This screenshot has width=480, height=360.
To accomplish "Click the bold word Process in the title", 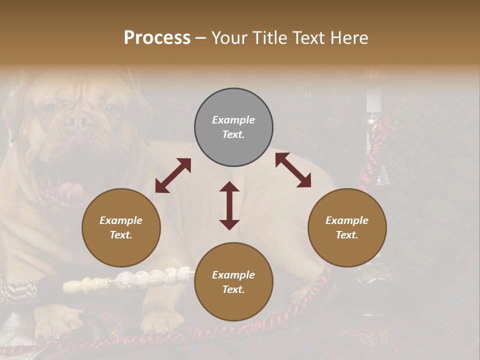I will (x=157, y=38).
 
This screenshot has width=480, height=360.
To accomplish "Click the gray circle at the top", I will (x=233, y=127).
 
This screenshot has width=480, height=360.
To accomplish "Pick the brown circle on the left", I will (x=121, y=227).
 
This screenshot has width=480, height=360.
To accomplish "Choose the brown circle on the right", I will (x=347, y=227).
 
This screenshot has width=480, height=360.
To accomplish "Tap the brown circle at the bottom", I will (x=233, y=282).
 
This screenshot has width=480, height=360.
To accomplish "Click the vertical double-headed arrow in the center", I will (x=229, y=205).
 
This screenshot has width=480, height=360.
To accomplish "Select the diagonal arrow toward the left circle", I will (x=173, y=175).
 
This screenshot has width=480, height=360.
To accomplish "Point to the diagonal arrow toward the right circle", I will (x=293, y=170).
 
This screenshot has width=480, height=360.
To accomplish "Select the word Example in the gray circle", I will (x=233, y=120).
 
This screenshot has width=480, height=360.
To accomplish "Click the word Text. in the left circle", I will (x=121, y=235).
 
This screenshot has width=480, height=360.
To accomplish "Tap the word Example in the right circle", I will (x=347, y=220).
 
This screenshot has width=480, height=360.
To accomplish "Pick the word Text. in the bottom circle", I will (x=233, y=289).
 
